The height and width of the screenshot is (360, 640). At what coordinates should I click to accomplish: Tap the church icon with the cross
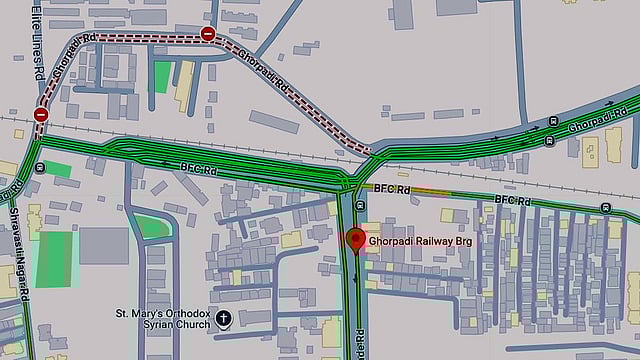(x=223, y=321)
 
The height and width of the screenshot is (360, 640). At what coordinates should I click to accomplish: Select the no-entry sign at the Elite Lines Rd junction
(x=41, y=115)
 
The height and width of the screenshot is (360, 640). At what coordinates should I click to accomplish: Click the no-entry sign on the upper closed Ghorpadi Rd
(x=207, y=35)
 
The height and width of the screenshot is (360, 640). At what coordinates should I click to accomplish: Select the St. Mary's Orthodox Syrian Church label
(x=165, y=319)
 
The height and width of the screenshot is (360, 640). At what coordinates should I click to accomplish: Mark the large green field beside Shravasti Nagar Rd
(x=54, y=258)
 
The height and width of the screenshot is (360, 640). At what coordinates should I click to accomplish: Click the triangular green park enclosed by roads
(x=153, y=227)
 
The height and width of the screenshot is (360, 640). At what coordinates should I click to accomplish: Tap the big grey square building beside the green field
(x=104, y=246)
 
